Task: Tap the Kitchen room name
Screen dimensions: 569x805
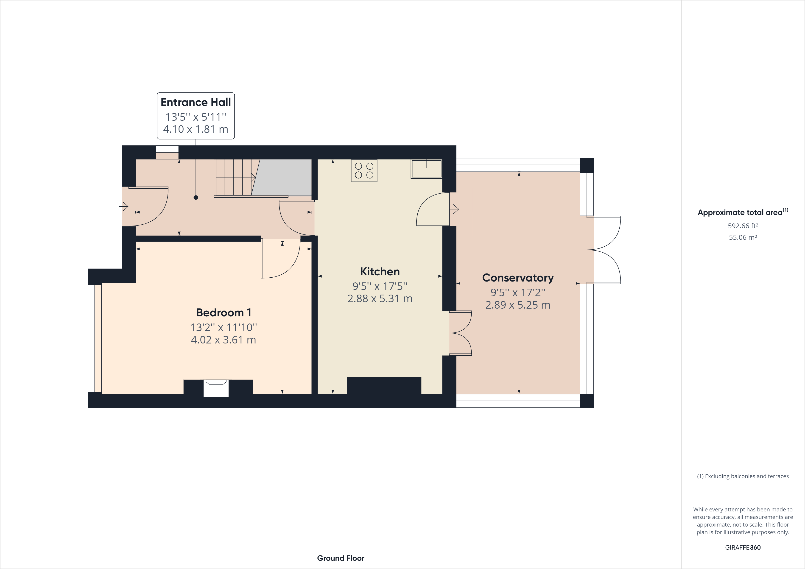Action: click(380, 272)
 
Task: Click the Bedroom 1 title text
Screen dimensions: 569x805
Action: click(223, 312)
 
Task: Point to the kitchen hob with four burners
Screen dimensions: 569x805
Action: click(364, 171)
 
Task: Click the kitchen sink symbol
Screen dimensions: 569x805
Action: click(426, 169)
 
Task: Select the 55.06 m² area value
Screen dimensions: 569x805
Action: click(743, 237)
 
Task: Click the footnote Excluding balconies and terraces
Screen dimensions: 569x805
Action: click(743, 476)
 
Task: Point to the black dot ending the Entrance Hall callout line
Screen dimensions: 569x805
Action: click(196, 197)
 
